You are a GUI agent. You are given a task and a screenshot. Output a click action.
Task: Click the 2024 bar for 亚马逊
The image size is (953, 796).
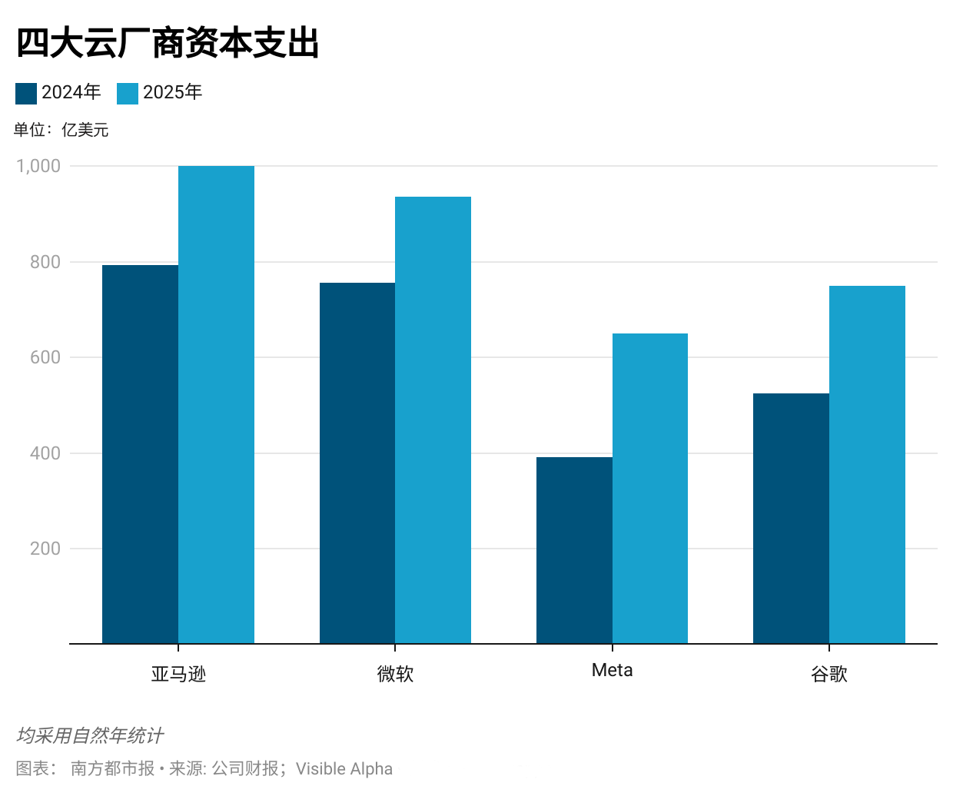point(140,454)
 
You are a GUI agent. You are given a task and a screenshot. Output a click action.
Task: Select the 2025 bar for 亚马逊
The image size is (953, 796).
point(216,405)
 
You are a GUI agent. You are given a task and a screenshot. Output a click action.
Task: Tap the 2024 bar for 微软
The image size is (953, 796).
point(357,463)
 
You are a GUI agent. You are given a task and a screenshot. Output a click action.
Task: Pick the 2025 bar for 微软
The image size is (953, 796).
point(433,420)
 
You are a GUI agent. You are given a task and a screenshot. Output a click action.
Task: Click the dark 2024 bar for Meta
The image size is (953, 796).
point(574,550)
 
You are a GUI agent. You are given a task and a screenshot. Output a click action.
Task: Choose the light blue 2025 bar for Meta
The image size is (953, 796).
point(650,489)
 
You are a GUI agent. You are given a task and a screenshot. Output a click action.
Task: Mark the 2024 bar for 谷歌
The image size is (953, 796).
point(791,519)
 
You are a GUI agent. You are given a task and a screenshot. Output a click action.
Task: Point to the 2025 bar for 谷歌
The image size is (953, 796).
point(867,465)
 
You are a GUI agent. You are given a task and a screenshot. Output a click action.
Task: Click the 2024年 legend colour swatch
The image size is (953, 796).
point(26,94)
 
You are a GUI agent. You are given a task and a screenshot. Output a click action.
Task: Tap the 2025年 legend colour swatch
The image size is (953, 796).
point(128,94)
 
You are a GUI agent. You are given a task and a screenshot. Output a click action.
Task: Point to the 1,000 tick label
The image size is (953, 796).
point(38,166)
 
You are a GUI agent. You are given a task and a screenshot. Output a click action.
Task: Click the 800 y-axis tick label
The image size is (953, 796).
point(45,262)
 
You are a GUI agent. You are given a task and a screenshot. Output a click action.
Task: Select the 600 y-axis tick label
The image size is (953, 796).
point(45,357)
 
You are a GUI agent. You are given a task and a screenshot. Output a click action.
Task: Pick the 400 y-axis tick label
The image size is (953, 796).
point(45,453)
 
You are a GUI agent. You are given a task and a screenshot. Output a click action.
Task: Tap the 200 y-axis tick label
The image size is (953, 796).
point(45,549)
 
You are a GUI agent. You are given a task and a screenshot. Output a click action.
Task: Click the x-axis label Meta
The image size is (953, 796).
point(613,670)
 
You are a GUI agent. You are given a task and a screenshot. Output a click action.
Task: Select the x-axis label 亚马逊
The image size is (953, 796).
point(178,674)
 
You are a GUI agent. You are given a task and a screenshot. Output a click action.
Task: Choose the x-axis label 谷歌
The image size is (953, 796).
point(829,674)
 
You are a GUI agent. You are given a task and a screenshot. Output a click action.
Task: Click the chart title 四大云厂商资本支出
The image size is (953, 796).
point(168,43)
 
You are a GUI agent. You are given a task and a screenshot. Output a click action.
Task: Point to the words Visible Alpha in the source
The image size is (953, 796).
point(344,768)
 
